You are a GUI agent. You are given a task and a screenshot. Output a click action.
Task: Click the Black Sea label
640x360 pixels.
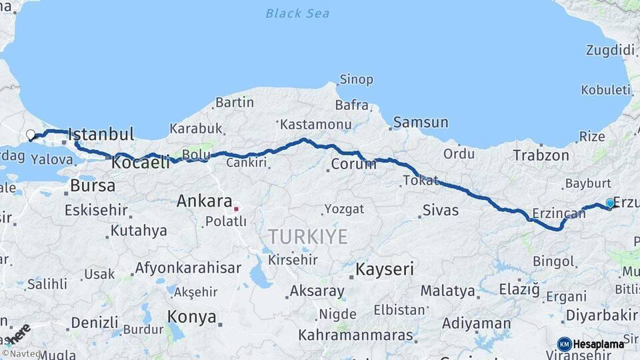(297, 13)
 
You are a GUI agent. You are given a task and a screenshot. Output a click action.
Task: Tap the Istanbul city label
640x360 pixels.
(101, 134)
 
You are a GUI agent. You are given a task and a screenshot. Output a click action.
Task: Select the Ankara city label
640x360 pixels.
(204, 201)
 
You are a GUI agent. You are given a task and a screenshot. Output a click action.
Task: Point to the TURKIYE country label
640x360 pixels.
(308, 236)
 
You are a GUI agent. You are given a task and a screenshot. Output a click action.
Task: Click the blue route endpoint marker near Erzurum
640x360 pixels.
(610, 203)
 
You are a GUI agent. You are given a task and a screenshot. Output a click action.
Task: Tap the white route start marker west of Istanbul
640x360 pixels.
(30, 135)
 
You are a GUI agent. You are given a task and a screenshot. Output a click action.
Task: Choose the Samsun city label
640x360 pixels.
(421, 123)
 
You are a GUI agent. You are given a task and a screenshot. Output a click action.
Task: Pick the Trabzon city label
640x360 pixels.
(541, 156)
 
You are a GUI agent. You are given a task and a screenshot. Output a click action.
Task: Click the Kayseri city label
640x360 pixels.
(385, 269)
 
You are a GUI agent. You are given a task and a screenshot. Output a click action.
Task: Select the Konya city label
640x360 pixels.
(192, 316)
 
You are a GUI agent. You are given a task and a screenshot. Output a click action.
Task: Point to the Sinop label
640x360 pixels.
(356, 80)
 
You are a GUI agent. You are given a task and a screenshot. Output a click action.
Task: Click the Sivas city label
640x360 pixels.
(441, 211)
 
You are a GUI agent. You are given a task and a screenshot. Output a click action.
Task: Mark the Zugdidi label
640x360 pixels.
(609, 50)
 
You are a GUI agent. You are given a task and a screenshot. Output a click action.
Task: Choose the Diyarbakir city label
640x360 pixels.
(601, 315)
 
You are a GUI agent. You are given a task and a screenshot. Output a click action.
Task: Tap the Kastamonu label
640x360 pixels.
(315, 125)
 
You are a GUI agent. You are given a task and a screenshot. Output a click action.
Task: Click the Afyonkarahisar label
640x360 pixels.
(188, 268)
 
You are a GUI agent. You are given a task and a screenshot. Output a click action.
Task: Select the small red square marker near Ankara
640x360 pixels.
(236, 209)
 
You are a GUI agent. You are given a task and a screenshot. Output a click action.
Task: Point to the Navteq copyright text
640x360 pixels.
(19, 354)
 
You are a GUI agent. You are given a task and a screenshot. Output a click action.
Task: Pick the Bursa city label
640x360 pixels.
(93, 185)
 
